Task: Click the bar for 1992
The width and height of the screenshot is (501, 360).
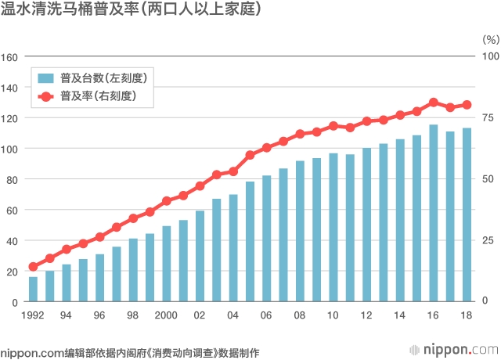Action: (x=33, y=289)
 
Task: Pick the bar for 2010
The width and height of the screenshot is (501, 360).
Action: (x=333, y=227)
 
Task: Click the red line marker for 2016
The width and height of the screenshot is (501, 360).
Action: (x=434, y=103)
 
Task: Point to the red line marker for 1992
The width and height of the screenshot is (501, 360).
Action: (x=33, y=267)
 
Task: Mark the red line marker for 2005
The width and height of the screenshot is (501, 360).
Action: (x=250, y=155)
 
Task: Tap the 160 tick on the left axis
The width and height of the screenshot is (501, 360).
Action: (x=9, y=56)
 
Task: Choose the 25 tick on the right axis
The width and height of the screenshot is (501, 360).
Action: (x=487, y=240)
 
